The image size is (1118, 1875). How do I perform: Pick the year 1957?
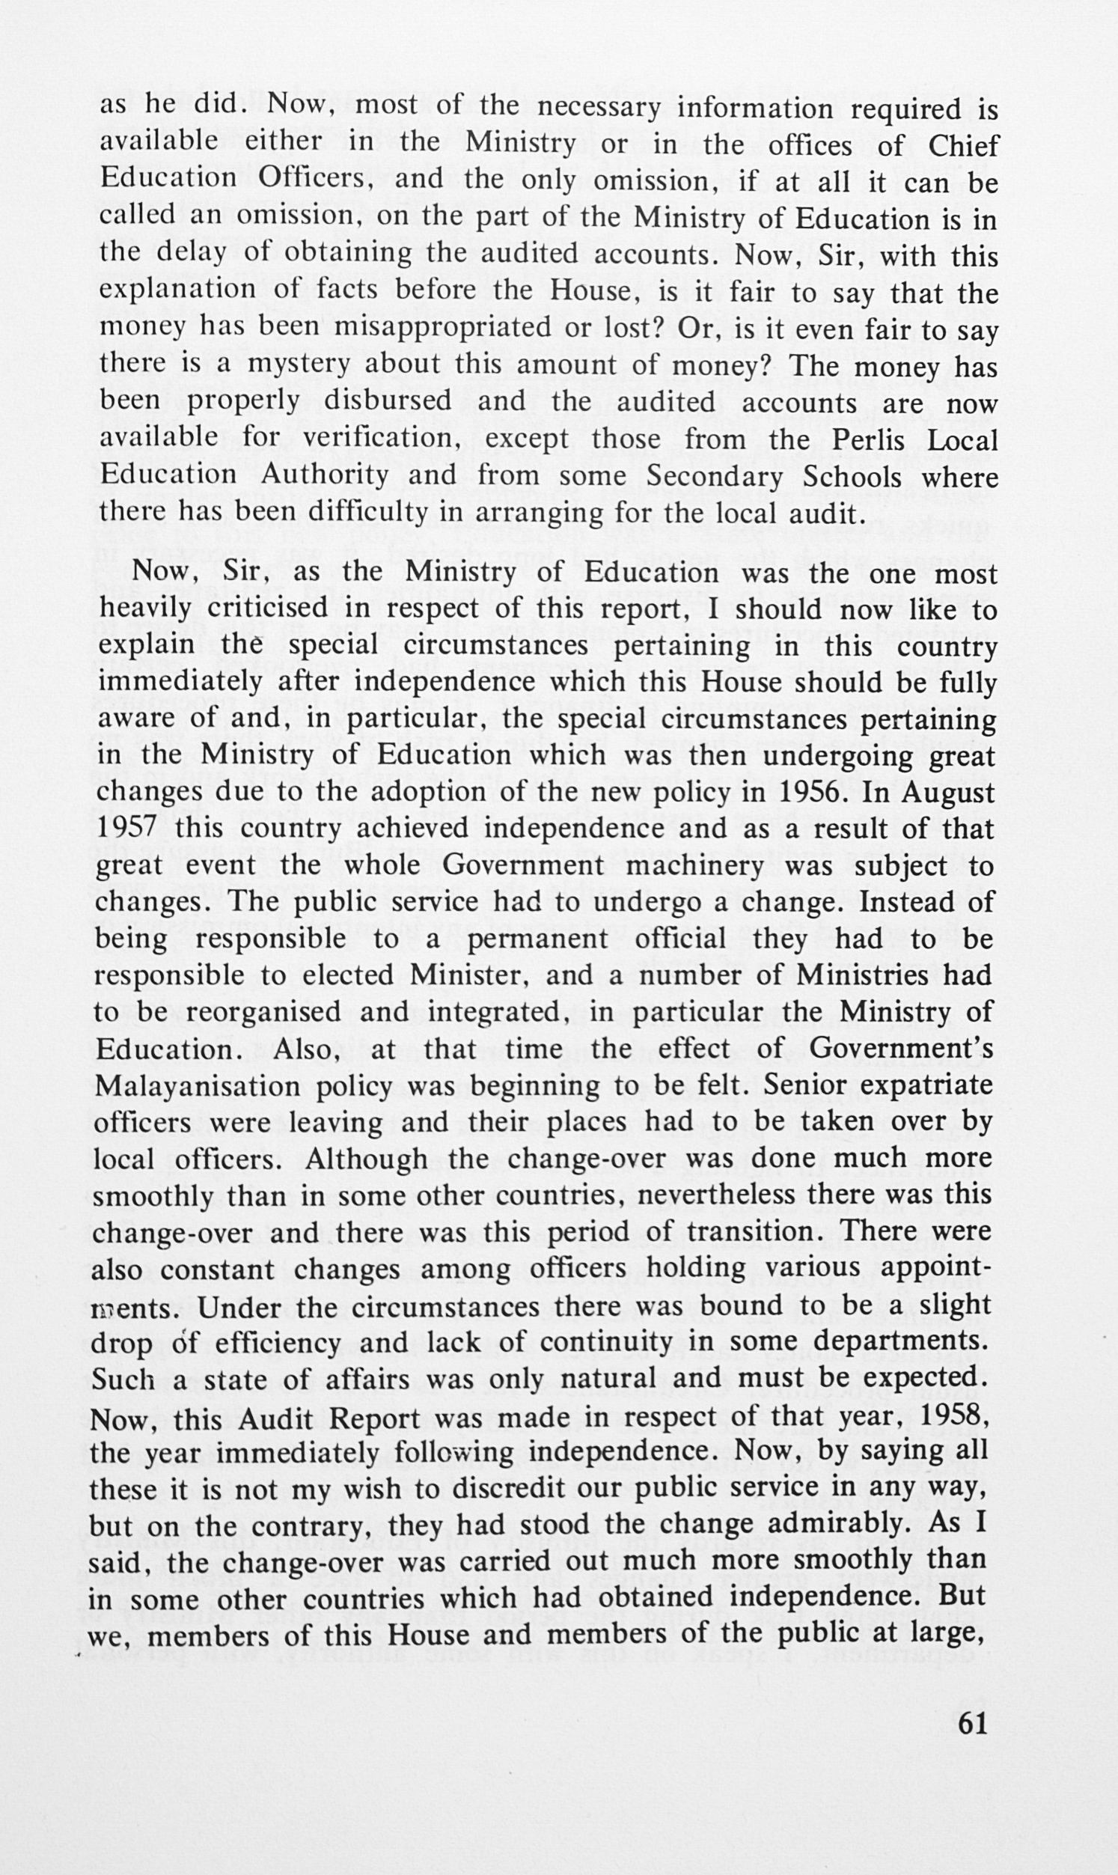click(x=126, y=829)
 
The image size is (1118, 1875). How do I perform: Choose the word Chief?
click(x=962, y=145)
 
